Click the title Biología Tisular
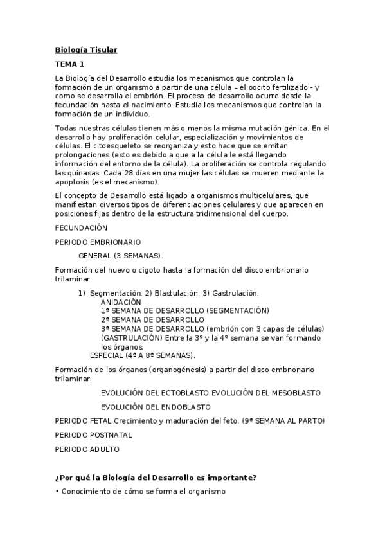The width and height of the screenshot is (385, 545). [85, 49]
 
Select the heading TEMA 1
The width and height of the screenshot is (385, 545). [70, 64]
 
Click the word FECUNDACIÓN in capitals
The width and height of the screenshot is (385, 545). [82, 228]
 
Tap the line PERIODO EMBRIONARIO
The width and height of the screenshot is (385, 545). [98, 242]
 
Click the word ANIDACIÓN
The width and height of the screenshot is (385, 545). [121, 301]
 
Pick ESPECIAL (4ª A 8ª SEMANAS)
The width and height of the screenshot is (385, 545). [143, 355]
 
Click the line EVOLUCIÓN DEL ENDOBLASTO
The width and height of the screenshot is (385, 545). [156, 406]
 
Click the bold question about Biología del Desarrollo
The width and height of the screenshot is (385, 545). [156, 477]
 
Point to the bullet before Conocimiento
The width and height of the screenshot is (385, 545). [57, 492]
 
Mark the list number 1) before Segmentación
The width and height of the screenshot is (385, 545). [82, 293]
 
